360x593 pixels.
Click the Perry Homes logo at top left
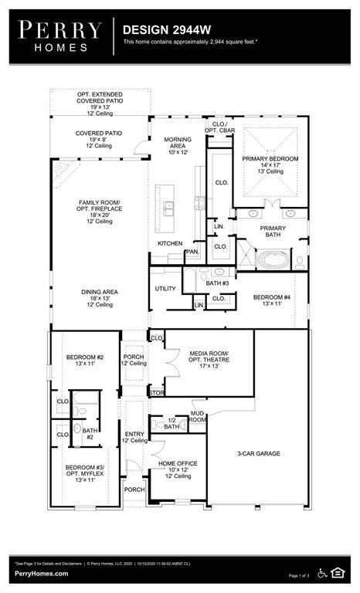pos(60,36)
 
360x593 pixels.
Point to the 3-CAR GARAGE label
pos(258,454)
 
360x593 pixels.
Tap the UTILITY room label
pos(165,289)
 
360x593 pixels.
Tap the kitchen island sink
pos(168,208)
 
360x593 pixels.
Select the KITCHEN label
pos(169,243)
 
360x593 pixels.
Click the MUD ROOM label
pos(198,417)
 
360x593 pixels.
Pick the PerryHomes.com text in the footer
pos(41,574)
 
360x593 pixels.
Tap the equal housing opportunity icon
pos(338,571)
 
